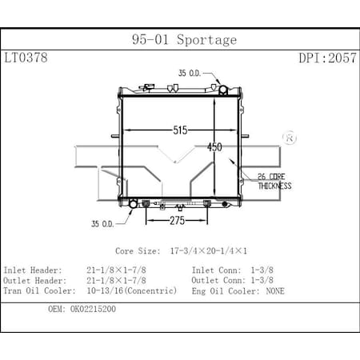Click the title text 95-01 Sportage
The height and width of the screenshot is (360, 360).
pos(183,39)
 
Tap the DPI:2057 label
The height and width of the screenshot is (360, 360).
pos(327,58)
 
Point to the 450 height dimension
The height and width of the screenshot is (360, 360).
pos(214,146)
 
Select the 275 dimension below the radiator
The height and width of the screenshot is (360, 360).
pos(177,218)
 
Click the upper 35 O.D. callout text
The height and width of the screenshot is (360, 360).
pos(191,73)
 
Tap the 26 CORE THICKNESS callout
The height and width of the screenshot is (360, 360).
pos(274,181)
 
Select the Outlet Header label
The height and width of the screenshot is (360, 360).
pos(33,281)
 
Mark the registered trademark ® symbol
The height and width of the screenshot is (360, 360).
pos(290,138)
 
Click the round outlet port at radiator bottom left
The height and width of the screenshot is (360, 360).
pos(134,205)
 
